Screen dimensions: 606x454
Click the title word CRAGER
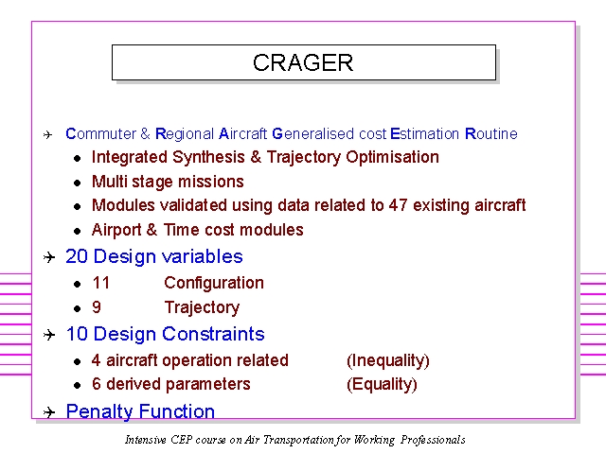303,62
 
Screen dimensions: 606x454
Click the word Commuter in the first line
101,133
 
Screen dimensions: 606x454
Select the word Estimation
425,133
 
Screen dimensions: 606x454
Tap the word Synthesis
208,157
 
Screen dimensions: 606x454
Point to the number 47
398,205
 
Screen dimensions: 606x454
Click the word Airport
116,230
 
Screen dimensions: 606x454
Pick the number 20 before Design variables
77,256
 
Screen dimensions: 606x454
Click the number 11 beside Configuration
101,283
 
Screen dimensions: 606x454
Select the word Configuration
214,283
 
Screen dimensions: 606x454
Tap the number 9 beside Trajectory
97,307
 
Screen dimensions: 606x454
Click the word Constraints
213,334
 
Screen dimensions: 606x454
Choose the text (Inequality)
388,360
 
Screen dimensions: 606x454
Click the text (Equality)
382,385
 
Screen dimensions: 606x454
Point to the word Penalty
99,411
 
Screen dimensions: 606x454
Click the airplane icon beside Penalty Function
49,412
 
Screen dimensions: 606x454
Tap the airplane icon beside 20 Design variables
49,257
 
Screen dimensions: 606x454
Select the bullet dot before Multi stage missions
78,183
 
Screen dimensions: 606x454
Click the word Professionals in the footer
433,440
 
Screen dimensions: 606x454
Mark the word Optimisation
392,157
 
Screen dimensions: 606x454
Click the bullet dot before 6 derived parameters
78,385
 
